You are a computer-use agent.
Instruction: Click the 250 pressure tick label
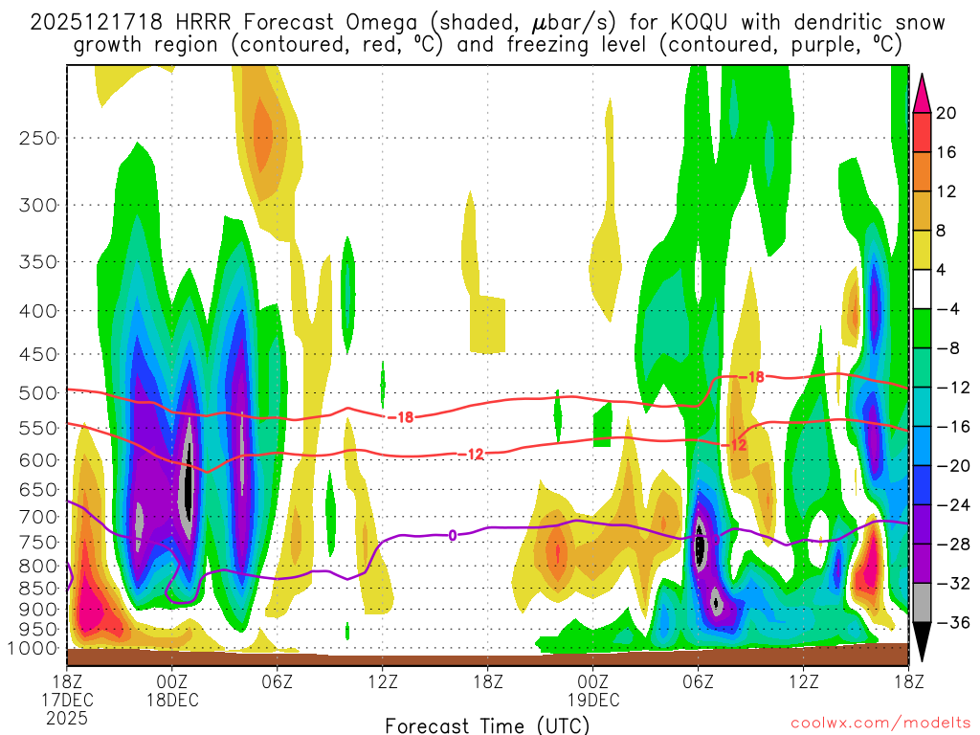pos(38,138)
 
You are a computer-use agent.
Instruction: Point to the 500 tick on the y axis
pos(38,393)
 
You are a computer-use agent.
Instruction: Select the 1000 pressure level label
pos(33,648)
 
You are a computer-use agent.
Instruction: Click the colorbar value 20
pos(947,113)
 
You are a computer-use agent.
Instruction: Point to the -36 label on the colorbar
pos(950,623)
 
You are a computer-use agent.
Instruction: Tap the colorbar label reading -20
pos(950,466)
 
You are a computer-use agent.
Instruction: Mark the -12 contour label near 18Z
pos(476,454)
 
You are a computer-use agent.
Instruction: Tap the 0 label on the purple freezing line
pos(452,535)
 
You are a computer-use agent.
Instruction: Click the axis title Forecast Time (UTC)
pos(488,724)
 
